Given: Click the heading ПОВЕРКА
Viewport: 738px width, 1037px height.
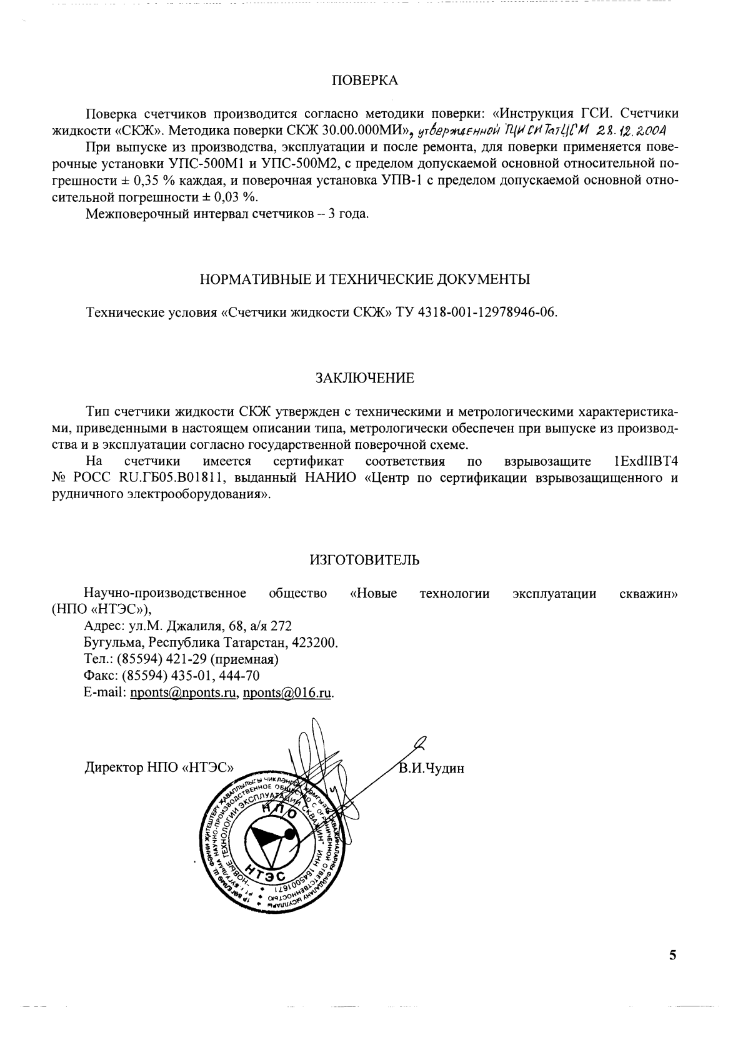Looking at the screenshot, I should coord(364,81).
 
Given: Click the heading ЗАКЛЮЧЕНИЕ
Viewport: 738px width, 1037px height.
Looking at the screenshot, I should coord(364,378).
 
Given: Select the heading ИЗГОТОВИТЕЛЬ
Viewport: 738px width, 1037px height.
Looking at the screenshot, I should coord(364,560).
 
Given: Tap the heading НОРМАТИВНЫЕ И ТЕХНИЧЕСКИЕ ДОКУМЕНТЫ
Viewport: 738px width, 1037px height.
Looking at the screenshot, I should coord(364,279).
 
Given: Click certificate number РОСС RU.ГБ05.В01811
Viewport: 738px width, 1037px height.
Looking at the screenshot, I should coord(146,478).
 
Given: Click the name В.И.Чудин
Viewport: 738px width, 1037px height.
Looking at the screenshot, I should coord(432,768).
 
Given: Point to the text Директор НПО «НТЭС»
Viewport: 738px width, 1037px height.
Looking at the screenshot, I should coord(159,768).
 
